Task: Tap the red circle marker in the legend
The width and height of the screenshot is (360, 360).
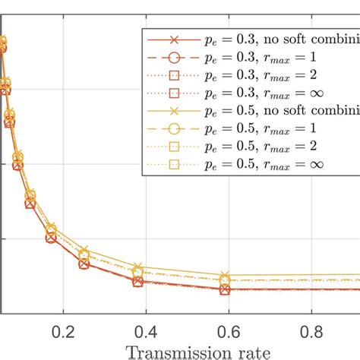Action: (173, 58)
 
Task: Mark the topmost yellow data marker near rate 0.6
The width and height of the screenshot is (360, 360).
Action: (225, 276)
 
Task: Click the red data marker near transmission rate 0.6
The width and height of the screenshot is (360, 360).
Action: (225, 289)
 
